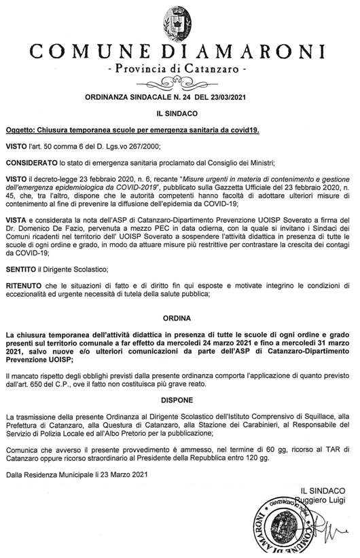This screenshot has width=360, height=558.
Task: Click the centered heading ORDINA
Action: [179, 318]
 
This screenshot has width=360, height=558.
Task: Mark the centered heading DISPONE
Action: [179, 401]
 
